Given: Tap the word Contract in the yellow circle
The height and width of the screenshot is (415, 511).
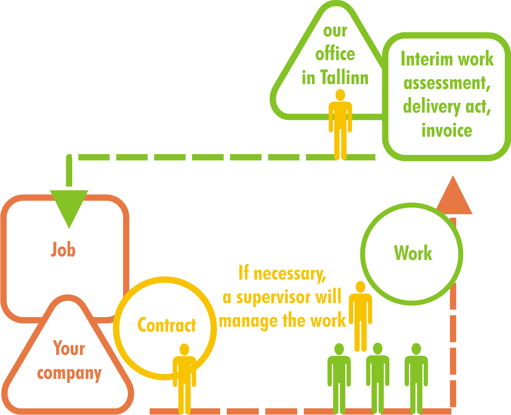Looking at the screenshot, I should [x=167, y=325].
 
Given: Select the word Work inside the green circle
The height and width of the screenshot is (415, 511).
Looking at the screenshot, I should [x=413, y=253].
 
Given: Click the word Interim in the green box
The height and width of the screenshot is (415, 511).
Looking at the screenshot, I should [x=422, y=59].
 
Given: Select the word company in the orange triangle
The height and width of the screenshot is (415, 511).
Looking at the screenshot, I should [x=69, y=373].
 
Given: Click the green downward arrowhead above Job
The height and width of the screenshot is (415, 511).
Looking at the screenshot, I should [x=69, y=207].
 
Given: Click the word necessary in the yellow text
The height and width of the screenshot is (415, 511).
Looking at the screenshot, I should [x=289, y=273].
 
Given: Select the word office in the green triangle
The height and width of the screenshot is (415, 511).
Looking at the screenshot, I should [x=335, y=54].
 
